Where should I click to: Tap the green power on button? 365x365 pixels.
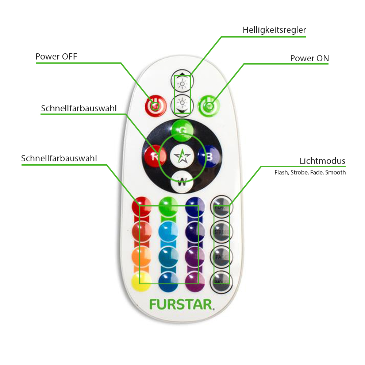208,106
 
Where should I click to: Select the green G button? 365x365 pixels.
181,129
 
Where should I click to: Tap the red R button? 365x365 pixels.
153,157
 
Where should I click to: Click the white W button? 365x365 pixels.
181,181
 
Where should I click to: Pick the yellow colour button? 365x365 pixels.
141,281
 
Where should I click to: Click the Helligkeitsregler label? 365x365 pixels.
274,30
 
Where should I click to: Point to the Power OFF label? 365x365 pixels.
56,57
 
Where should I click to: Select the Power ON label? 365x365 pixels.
309,58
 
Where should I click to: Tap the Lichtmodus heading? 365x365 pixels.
322,161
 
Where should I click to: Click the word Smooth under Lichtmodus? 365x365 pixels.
335,172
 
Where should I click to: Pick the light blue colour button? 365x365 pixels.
168,231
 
